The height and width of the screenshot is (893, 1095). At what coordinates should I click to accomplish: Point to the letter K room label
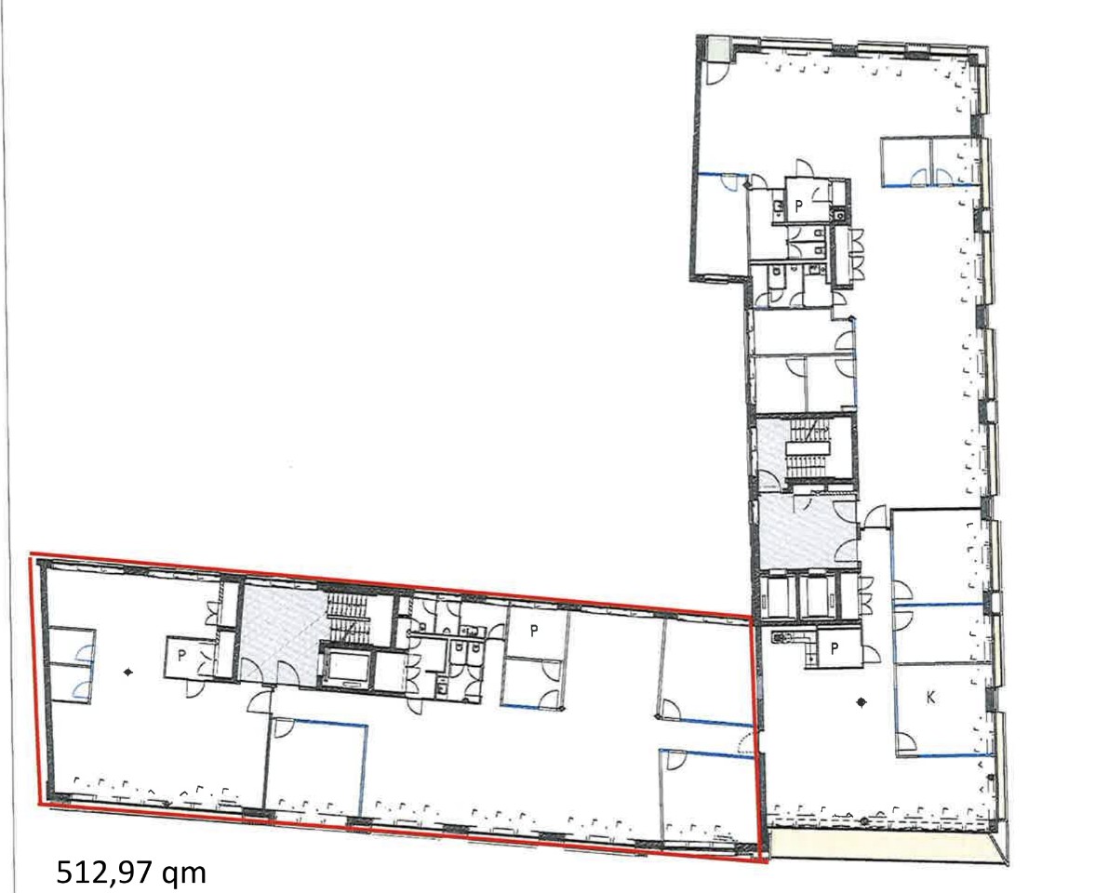tap(930, 697)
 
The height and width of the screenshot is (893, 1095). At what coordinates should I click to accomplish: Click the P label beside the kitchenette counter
tap(834, 648)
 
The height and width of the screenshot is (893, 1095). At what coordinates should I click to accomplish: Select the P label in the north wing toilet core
tap(799, 205)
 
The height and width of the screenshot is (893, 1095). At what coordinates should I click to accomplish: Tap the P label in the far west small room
tap(181, 656)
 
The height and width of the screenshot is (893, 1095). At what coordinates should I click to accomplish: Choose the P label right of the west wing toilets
tap(534, 631)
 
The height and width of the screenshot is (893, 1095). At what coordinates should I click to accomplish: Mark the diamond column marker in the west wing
tap(127, 673)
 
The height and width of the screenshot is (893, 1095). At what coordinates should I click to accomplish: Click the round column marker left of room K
tap(861, 702)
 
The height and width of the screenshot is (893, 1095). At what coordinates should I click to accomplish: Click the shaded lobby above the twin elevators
tap(807, 532)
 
